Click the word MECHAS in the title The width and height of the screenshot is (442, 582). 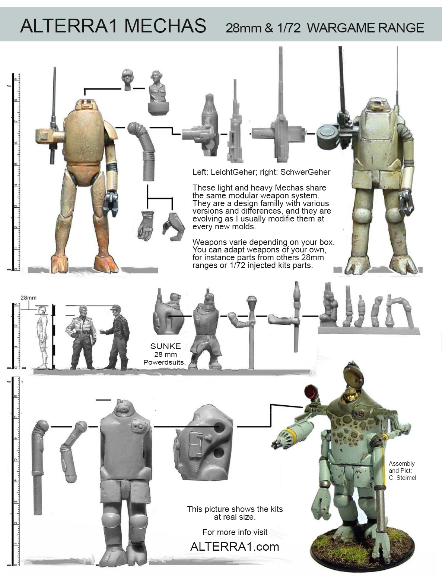tap(165, 26)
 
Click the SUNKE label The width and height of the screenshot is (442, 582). tap(165, 346)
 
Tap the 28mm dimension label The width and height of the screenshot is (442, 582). tap(28, 298)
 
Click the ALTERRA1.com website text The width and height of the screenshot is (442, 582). tap(235, 547)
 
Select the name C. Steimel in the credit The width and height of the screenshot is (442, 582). tap(402, 478)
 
